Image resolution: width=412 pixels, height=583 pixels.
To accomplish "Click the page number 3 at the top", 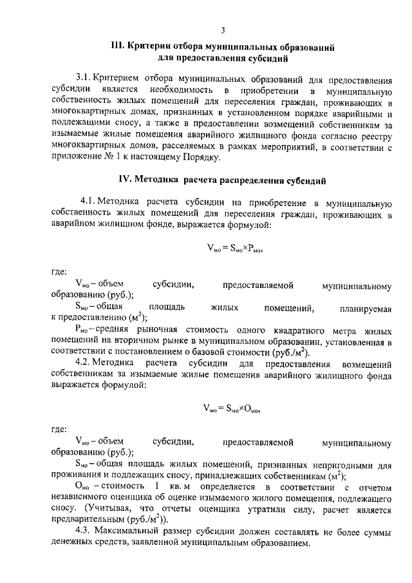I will [222, 30].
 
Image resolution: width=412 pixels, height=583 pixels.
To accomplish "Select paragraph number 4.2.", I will [86, 365].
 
